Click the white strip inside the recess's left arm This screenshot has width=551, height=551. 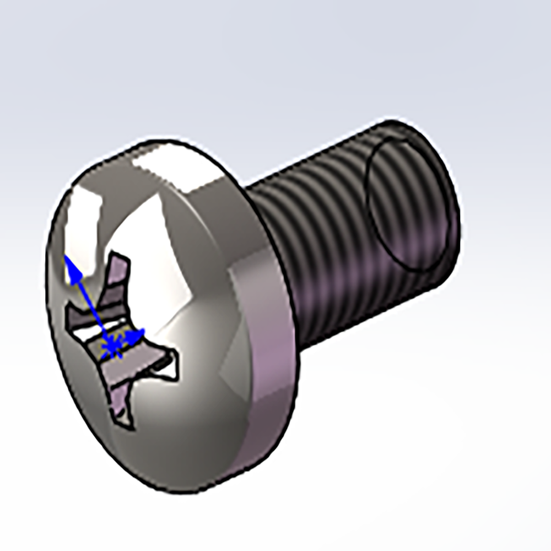point(88,332)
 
